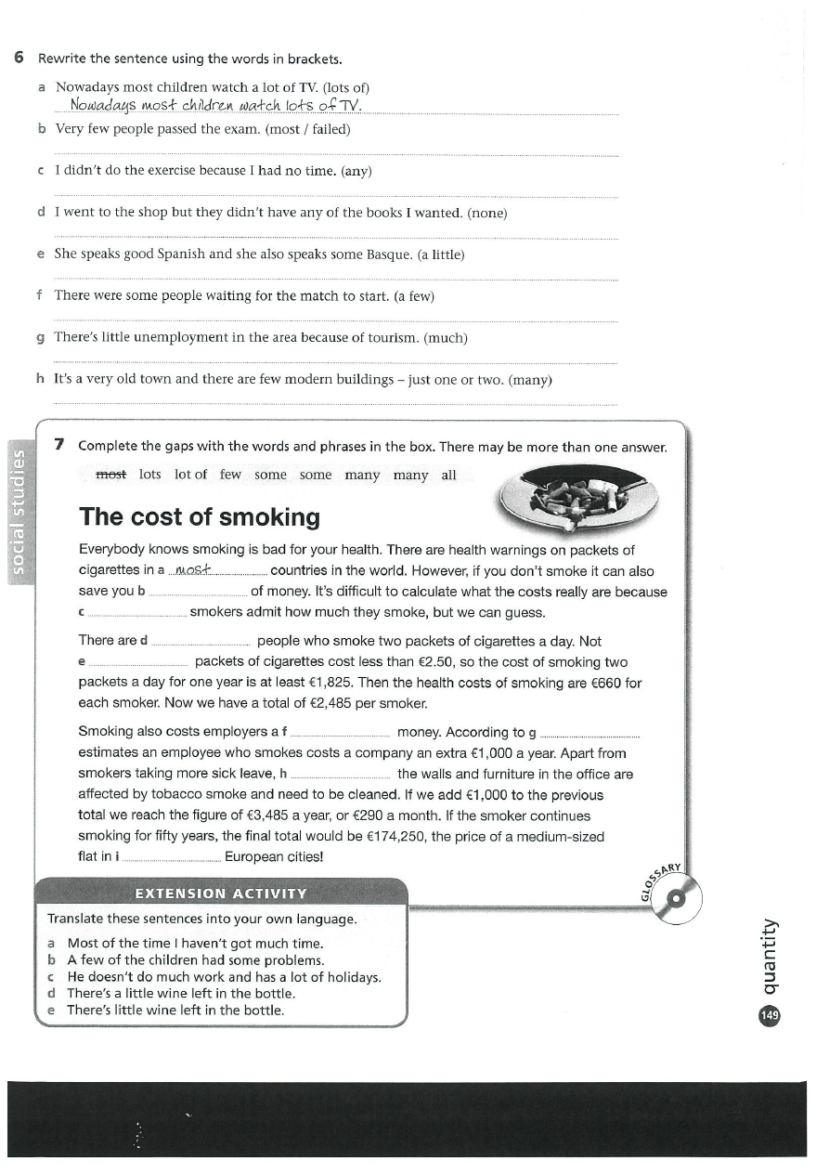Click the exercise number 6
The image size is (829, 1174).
[19, 59]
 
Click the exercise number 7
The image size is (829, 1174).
[59, 445]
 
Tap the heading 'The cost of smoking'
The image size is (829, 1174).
[200, 517]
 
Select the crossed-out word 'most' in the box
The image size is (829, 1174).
[110, 475]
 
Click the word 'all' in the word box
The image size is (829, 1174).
[448, 475]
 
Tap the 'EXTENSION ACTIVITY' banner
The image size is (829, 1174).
[220, 894]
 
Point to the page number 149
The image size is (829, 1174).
[770, 1016]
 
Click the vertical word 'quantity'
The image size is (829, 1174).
[770, 957]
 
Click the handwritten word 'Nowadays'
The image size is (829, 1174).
[103, 106]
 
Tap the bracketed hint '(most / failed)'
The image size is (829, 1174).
[308, 129]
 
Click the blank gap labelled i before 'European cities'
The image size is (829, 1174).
[172, 856]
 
